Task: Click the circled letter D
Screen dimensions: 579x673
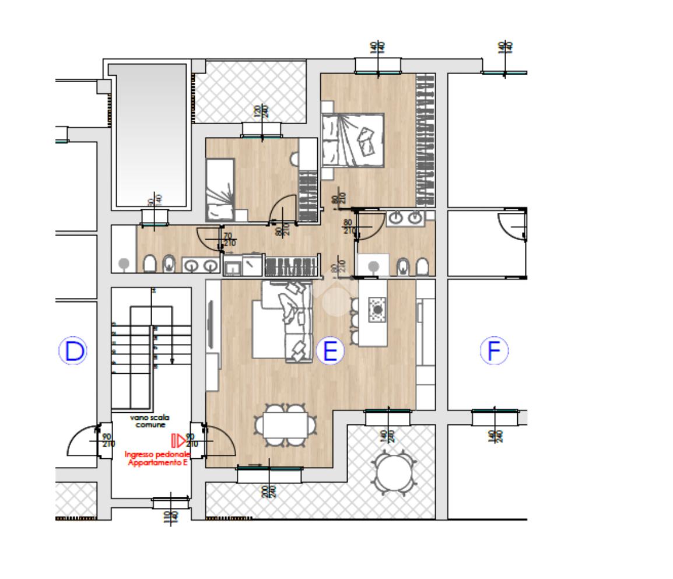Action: (x=73, y=351)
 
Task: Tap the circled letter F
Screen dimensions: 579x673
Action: (x=494, y=351)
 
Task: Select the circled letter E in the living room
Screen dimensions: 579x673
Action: (x=330, y=351)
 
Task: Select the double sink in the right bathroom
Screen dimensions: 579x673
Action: (x=405, y=217)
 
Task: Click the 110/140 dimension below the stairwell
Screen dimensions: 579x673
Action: (x=170, y=516)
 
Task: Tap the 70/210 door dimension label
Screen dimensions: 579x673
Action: (x=230, y=239)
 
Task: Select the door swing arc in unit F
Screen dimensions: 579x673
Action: (x=511, y=227)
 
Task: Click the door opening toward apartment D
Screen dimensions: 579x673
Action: (x=82, y=441)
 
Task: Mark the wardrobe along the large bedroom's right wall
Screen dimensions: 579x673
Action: (x=425, y=140)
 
